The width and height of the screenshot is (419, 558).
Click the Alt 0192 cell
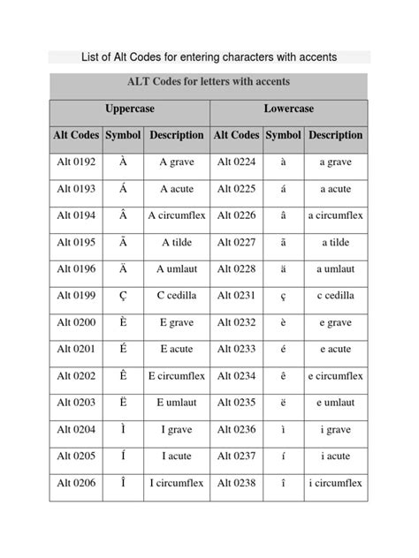point(75,162)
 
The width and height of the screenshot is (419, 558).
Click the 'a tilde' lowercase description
point(335,242)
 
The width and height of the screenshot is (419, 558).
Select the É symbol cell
point(122,350)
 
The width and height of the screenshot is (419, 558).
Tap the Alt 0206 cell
point(75,483)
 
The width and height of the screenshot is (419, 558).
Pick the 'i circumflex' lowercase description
point(335,483)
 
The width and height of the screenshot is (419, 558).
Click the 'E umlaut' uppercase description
point(176,403)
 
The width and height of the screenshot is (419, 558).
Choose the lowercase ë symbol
point(283,403)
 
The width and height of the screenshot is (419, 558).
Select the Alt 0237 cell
point(236,456)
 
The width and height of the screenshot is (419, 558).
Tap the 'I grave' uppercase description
point(176,430)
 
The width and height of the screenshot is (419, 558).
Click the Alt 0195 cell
point(75,242)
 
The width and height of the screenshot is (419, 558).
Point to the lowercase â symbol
point(283,215)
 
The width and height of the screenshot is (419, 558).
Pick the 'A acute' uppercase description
point(176,189)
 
